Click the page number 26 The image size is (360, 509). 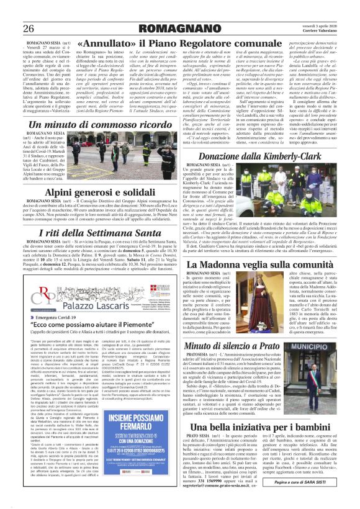(x=29, y=29)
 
